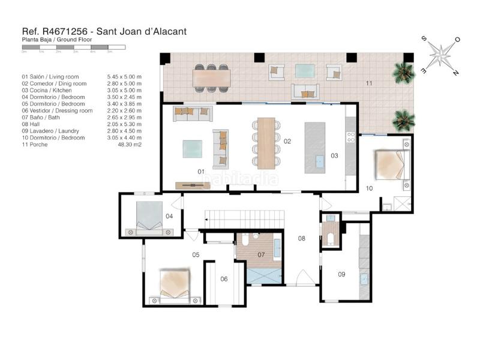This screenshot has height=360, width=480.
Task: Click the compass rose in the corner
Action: pyautogui.click(x=441, y=55)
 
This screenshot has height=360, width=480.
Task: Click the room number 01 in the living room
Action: pyautogui.click(x=201, y=172)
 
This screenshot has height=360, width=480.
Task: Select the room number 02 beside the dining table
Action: pyautogui.click(x=287, y=142)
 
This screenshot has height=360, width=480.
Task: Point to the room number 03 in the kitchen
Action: pyautogui.click(x=334, y=156)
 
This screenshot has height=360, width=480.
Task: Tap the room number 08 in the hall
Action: pyautogui.click(x=302, y=238)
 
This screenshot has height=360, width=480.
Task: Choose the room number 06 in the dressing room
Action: pyautogui.click(x=224, y=278)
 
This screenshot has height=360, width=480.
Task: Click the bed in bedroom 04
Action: pyautogui.click(x=148, y=217)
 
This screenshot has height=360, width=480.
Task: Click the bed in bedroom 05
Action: pyautogui.click(x=175, y=284)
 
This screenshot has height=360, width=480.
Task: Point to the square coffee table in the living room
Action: pyautogui.click(x=193, y=148)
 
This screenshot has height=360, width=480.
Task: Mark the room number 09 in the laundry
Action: pyautogui.click(x=341, y=274)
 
